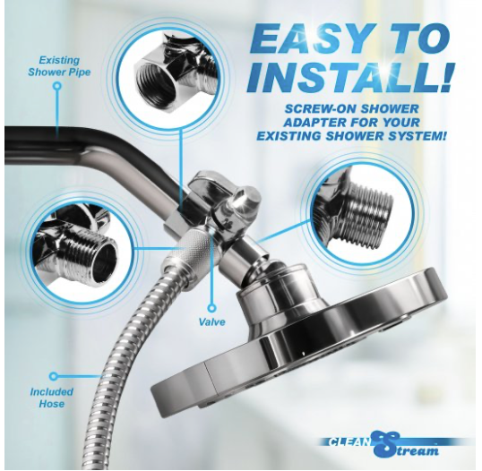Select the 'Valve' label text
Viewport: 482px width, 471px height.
[x=212, y=321]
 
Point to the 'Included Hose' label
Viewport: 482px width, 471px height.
[x=52, y=398]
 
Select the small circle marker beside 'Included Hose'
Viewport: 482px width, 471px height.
[x=53, y=377]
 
